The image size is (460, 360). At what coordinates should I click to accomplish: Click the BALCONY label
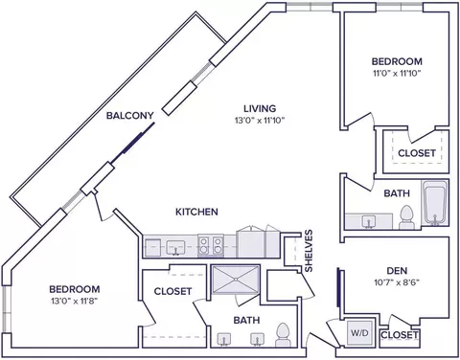130,115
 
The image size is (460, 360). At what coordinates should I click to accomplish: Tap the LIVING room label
260,108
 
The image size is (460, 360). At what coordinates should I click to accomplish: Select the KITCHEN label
196,212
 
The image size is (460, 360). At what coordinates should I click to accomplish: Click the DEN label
397,271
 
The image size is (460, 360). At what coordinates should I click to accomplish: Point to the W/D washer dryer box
360,333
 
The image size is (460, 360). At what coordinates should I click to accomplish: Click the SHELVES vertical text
309,251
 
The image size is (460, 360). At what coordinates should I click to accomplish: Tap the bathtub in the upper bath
435,203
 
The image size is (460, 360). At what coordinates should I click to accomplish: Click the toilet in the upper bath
406,217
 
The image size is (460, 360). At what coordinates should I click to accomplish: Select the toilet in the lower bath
283,334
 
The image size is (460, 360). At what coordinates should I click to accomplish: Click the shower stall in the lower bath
236,280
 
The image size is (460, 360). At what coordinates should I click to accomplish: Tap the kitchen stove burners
211,246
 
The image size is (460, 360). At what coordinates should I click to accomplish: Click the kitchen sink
175,248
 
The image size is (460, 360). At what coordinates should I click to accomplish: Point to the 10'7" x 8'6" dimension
397,282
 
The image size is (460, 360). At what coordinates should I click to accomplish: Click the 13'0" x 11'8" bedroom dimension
74,301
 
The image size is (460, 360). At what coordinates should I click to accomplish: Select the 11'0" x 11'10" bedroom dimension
397,73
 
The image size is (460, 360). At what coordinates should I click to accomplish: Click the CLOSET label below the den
400,335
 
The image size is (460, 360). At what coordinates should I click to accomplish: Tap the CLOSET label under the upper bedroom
417,153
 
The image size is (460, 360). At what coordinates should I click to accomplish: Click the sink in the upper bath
369,221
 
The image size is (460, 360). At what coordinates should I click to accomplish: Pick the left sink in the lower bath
224,339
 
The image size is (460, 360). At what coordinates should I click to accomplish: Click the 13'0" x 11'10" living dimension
260,121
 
